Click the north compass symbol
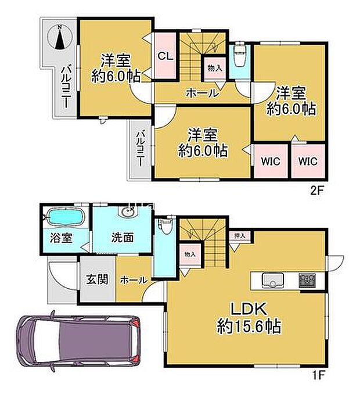coord(60,37)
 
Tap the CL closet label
coord(164,56)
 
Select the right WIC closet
coord(308,161)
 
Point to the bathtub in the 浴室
coord(65,218)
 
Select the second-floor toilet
coord(239,57)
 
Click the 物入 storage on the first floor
coord(189,253)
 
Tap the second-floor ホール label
coord(201,92)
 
